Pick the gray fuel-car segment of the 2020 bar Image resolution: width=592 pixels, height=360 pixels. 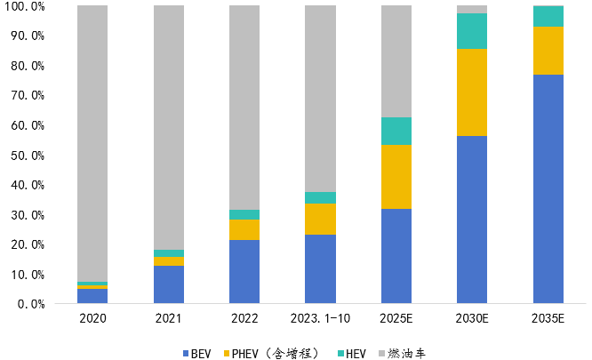pos(92,142)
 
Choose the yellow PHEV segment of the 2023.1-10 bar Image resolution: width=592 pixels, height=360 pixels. pos(321,219)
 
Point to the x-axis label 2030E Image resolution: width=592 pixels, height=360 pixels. pos(472,318)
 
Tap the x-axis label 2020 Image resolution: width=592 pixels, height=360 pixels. pos(92,318)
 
